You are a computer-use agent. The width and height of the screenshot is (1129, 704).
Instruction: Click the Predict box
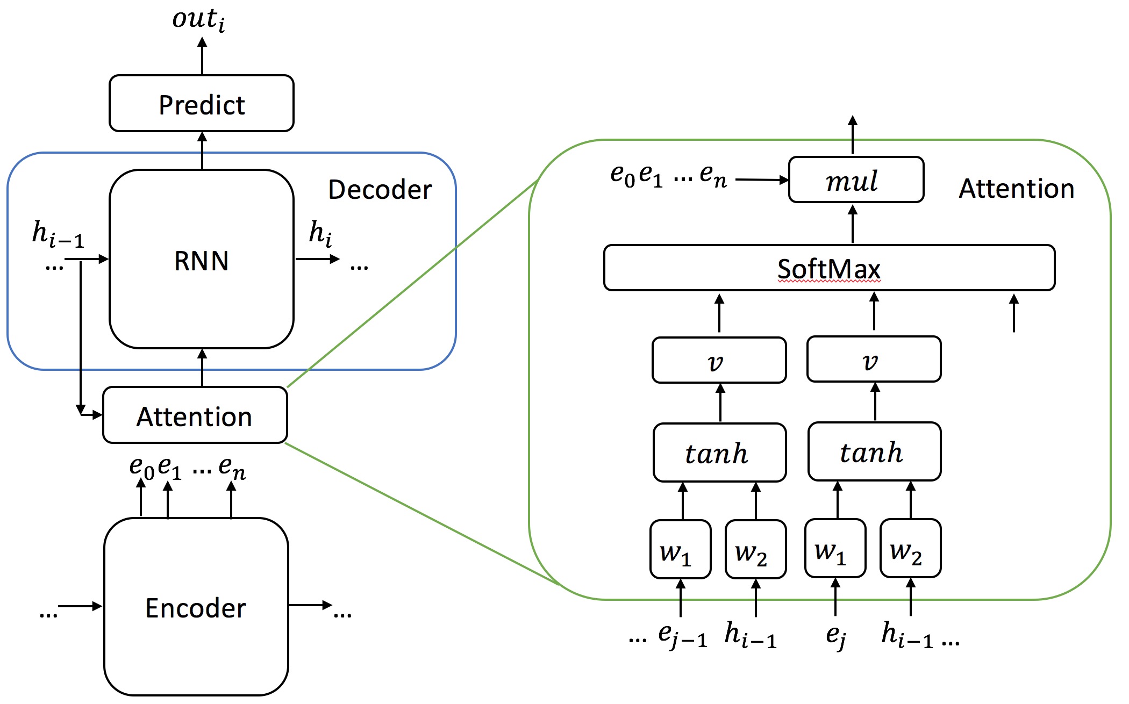(202, 103)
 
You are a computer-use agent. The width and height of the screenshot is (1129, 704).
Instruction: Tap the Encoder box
(196, 607)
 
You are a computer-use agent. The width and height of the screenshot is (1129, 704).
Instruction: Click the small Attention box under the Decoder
(195, 415)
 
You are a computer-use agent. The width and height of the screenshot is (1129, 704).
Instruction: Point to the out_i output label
(198, 19)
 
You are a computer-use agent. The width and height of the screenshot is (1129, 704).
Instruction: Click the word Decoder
(380, 189)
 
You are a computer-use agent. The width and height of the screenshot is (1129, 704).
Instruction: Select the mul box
(856, 179)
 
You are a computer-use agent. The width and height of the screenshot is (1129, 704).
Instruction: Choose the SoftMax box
(829, 268)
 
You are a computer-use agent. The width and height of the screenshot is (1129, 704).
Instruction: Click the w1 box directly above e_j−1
(680, 549)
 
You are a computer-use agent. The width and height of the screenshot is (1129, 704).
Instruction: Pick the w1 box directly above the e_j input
(835, 548)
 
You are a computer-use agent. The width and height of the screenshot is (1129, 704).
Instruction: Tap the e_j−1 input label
(682, 636)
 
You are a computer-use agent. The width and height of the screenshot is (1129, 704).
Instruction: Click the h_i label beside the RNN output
(320, 233)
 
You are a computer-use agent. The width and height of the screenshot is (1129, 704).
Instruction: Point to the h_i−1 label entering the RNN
(58, 234)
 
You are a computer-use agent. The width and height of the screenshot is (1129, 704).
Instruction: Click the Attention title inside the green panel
(1016, 189)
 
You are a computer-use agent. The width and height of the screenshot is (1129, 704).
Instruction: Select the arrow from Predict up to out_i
(202, 56)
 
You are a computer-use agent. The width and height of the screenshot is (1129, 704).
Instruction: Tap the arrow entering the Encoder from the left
(80, 606)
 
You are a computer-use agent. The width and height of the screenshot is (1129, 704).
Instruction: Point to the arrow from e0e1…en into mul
(761, 180)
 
